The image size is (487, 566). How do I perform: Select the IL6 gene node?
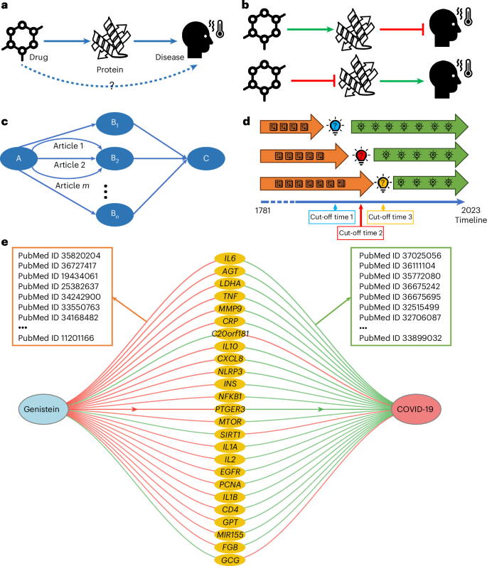point(230,258)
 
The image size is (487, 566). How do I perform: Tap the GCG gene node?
point(230,560)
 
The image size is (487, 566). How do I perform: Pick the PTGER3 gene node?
point(230,408)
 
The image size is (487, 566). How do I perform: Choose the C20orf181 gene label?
point(230,333)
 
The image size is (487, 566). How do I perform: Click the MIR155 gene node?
point(230,534)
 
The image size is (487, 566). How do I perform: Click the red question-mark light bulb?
point(361,154)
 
